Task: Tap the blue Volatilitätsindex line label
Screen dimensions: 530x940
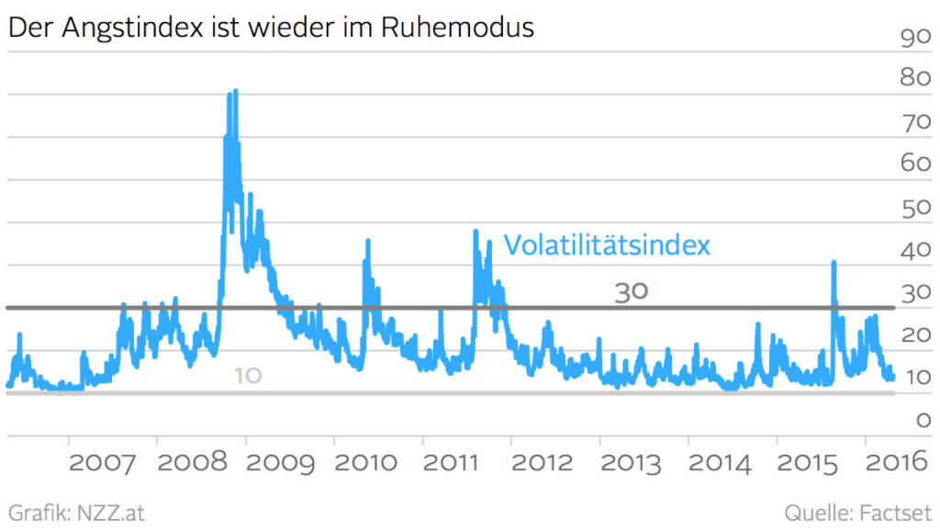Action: coord(607,246)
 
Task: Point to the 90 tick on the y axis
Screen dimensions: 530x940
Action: coord(915,39)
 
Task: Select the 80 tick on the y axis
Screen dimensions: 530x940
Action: coord(915,78)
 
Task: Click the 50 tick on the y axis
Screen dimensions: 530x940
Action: coord(915,209)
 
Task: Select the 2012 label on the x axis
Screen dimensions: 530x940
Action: coord(543,461)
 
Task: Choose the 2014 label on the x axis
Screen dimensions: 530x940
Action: coord(720,461)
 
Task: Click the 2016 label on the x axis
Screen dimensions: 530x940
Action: coord(896,461)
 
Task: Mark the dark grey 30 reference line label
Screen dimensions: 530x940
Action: coord(632,291)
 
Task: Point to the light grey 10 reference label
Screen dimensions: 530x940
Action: coord(247,376)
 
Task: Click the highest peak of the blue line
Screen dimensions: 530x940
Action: coord(235,91)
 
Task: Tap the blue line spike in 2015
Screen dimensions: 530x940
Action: coord(834,263)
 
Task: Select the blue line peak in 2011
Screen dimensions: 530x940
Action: coord(476,231)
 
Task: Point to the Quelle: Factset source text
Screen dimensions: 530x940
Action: coord(857,512)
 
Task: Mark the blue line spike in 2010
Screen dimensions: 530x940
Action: coord(368,241)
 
